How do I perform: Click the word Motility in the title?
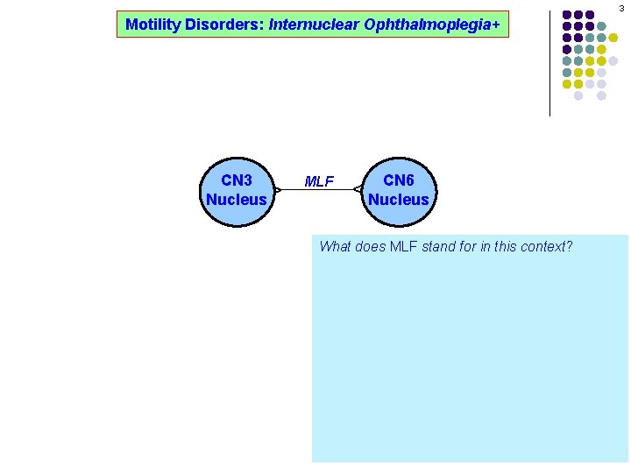(x=151, y=25)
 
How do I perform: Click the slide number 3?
(x=620, y=8)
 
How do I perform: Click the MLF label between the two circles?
(x=319, y=181)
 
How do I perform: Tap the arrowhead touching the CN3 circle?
(x=277, y=189)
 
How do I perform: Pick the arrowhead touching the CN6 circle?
(x=358, y=189)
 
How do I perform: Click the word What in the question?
(x=336, y=246)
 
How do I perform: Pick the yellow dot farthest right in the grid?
(x=613, y=38)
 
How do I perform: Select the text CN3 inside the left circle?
(x=236, y=180)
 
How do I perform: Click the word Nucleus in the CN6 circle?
(x=399, y=200)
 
